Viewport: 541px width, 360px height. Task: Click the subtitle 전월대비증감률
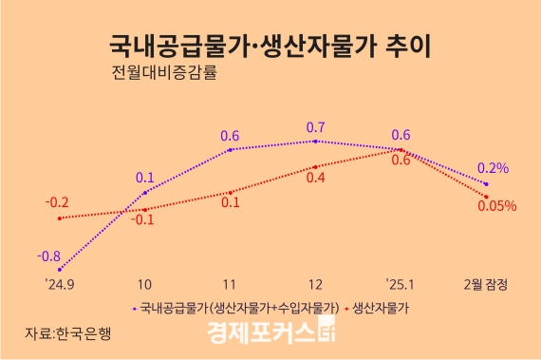coord(164,73)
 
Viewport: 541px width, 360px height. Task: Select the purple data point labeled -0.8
coord(60,270)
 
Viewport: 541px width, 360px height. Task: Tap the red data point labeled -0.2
coord(60,218)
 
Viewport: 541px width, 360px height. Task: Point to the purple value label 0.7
coord(316,127)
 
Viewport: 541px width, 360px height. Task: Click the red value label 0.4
coord(316,178)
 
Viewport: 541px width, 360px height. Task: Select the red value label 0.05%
coord(496,204)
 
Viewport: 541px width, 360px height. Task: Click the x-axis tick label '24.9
coord(59,284)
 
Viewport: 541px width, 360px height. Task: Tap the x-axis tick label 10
coord(145,284)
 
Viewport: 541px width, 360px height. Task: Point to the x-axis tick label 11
coord(231,284)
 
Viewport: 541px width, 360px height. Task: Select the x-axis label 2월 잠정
coord(485,284)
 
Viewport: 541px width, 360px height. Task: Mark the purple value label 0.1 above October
coord(145,177)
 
